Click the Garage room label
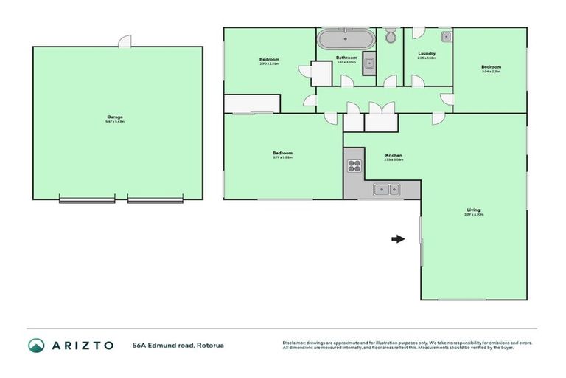point(115,117)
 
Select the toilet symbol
point(391,35)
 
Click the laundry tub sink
point(446,36)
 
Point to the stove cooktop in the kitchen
point(354,166)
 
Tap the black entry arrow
point(398,238)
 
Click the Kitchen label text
point(394,155)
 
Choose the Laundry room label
point(427,53)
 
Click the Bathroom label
point(346,58)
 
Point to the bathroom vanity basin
point(369,63)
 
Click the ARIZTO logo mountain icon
point(37,345)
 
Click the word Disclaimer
point(295,342)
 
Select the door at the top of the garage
point(125,42)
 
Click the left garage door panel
point(87,200)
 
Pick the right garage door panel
point(155,200)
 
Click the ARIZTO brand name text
point(83,345)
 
